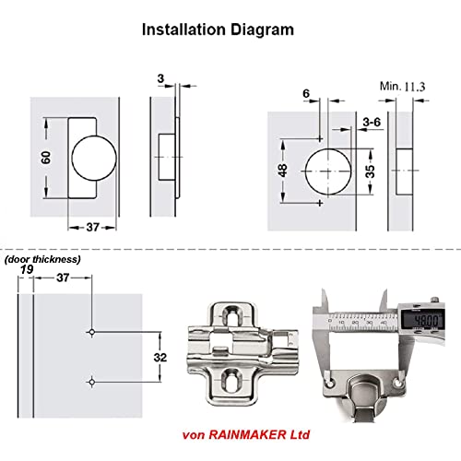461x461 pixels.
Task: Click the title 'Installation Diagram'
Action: [218, 30]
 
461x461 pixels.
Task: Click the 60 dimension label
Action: [46, 158]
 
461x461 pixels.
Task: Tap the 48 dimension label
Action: [282, 171]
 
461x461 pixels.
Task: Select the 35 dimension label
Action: [370, 171]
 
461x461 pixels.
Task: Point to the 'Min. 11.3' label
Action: [403, 87]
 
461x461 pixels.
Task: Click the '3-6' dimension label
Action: [372, 122]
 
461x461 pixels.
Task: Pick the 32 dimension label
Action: [160, 358]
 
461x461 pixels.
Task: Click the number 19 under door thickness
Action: [27, 269]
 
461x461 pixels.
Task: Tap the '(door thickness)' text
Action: [42, 259]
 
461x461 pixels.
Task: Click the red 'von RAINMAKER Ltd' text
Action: [246, 435]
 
